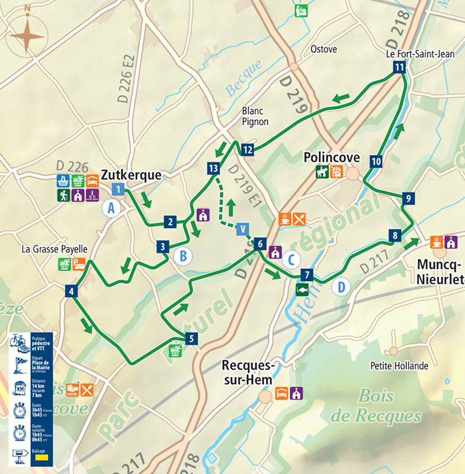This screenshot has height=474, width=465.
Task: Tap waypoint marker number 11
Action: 399,68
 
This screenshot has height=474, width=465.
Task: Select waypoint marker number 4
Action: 71,291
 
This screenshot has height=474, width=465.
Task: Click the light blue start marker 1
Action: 118,190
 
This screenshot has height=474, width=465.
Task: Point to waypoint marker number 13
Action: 214,168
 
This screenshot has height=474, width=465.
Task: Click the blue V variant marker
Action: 242,229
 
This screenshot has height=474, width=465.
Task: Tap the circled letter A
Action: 111,208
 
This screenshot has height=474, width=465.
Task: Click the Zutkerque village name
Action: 132,175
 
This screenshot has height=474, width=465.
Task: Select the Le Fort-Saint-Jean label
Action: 420,54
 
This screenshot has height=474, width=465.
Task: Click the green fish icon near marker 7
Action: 302,290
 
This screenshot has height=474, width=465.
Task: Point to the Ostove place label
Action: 324,49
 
